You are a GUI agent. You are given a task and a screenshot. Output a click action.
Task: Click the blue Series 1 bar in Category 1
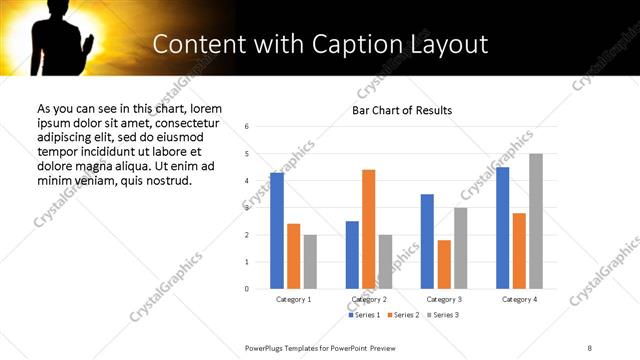click(277, 231)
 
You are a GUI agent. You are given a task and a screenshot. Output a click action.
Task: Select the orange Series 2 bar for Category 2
click(369, 229)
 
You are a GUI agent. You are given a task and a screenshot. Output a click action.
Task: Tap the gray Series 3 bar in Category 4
click(536, 221)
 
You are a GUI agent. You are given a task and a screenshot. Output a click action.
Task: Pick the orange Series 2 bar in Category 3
click(444, 264)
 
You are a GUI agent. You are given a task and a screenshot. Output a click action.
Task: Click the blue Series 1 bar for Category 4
click(502, 228)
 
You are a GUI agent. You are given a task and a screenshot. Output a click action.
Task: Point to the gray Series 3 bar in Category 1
click(310, 262)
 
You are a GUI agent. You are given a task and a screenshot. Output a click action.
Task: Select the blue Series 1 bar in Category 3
click(427, 241)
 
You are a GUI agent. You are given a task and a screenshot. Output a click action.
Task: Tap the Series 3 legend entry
click(442, 315)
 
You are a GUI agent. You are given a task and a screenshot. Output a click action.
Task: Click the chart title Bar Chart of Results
click(402, 110)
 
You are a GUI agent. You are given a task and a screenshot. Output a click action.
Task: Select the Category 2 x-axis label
click(369, 299)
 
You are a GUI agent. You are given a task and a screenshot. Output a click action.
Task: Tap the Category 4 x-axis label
click(519, 299)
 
